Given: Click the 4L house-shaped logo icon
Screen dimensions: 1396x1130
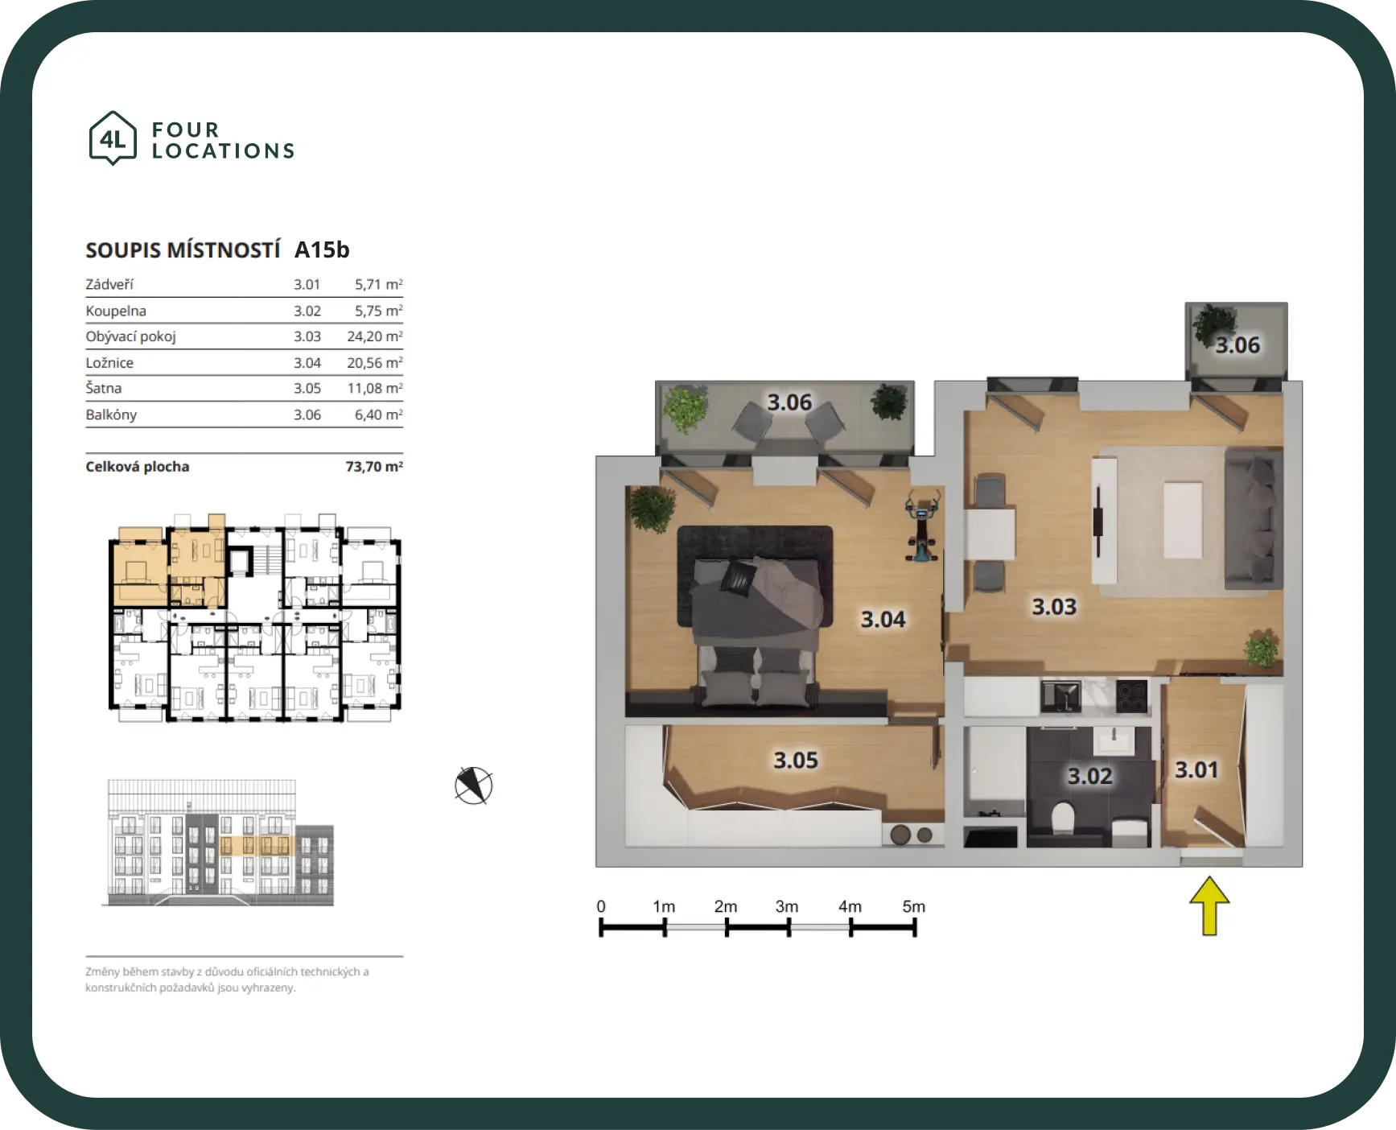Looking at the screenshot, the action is (113, 138).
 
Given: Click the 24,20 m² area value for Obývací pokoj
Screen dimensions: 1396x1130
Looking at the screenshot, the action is (375, 336).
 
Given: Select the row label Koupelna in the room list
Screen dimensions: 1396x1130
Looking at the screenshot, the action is (116, 311).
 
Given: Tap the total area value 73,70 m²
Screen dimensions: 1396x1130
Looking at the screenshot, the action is (374, 467).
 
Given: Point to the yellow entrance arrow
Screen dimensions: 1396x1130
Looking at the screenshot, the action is (1209, 906).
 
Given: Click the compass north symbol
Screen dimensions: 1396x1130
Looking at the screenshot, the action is (473, 786).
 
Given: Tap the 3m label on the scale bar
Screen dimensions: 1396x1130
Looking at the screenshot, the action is (787, 906).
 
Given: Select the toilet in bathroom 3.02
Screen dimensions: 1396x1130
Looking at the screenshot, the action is (1063, 819).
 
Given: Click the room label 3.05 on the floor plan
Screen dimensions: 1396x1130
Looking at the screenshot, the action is (796, 760).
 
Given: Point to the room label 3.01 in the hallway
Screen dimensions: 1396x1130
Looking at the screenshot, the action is (1196, 770).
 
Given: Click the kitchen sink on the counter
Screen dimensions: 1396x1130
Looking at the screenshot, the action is (1061, 697).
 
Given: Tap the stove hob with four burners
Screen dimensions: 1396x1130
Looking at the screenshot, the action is (1132, 697).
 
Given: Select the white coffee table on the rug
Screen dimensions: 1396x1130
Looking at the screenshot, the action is (1183, 520).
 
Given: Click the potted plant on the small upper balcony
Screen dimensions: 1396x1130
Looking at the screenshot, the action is (1213, 324).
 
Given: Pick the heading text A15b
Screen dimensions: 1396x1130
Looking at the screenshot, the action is (322, 250).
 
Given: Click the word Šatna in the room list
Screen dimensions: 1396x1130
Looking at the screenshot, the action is (104, 388).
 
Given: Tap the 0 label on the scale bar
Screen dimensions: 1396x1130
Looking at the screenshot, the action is (601, 906).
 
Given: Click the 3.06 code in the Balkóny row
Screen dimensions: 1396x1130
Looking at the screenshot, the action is (307, 414).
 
